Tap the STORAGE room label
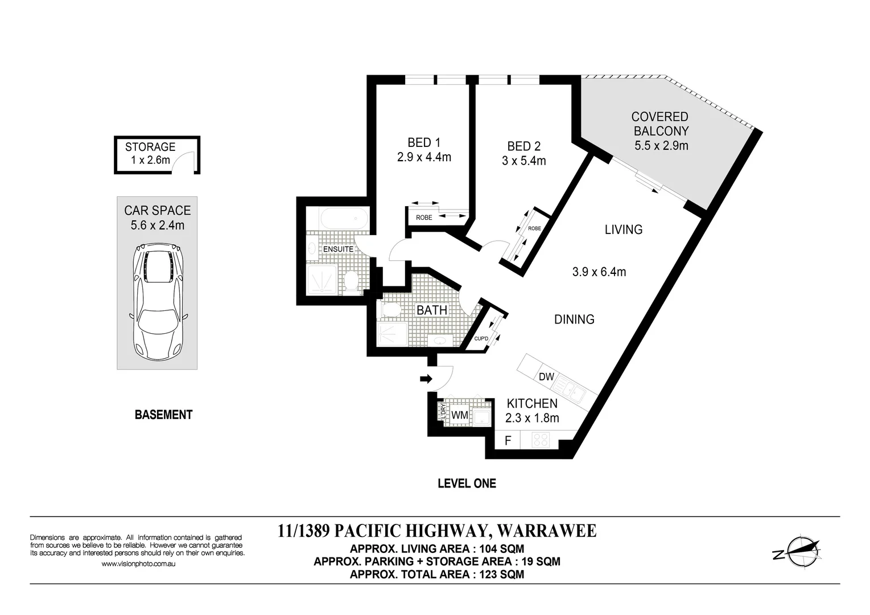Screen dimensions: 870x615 150,147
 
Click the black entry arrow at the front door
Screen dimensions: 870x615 426,378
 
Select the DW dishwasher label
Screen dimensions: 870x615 546,376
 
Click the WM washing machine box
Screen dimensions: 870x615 460,415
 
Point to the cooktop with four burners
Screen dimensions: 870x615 541,440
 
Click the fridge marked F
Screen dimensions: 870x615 508,440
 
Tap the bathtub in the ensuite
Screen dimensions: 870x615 344,219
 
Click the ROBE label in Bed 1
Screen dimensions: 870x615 424,218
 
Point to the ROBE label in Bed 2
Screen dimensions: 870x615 534,228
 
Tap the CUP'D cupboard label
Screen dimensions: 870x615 481,339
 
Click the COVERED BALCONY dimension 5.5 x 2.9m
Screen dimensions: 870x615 661,145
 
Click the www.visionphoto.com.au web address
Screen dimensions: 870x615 138,564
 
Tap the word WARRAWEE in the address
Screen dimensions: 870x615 547,531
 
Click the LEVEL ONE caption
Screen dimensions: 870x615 467,483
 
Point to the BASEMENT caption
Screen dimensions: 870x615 163,415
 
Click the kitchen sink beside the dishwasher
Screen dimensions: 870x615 569,390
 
